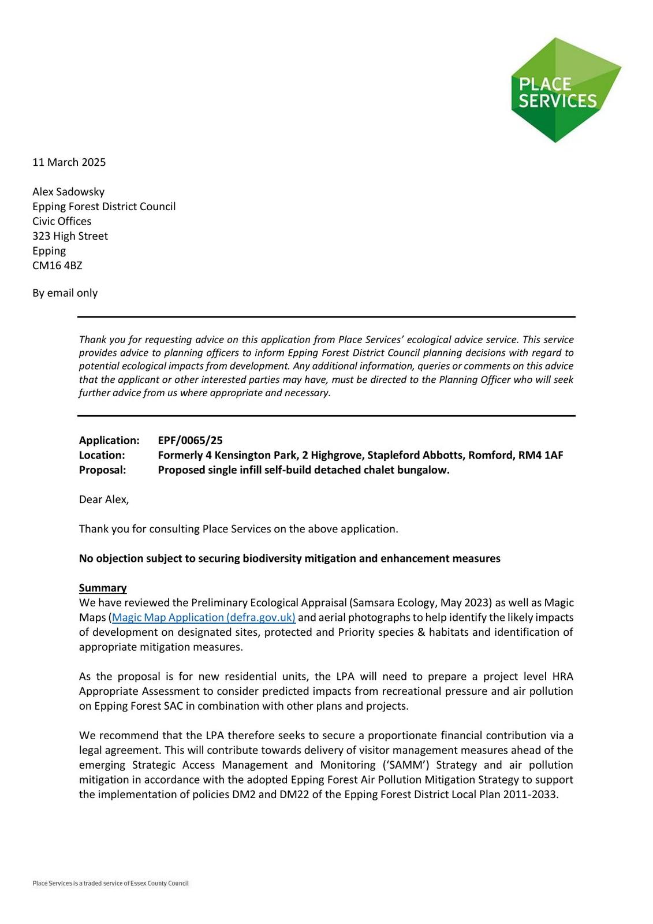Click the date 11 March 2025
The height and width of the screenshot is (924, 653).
pos(69,162)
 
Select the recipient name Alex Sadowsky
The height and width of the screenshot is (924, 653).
pos(68,192)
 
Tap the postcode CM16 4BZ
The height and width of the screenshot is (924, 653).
pos(57,266)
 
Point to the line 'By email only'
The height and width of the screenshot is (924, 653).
pos(65,293)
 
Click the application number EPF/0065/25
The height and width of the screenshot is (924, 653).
pos(190,441)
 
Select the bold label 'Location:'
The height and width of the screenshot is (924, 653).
pos(102,455)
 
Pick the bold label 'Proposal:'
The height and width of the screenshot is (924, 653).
pos(102,470)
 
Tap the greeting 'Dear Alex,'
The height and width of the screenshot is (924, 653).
pos(104,500)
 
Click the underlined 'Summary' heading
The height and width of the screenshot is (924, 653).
pos(103,588)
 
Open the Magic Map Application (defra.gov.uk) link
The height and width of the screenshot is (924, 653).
pos(204,617)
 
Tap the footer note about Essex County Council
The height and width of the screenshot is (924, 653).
pos(110,883)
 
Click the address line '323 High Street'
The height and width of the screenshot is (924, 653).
pos(70,236)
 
